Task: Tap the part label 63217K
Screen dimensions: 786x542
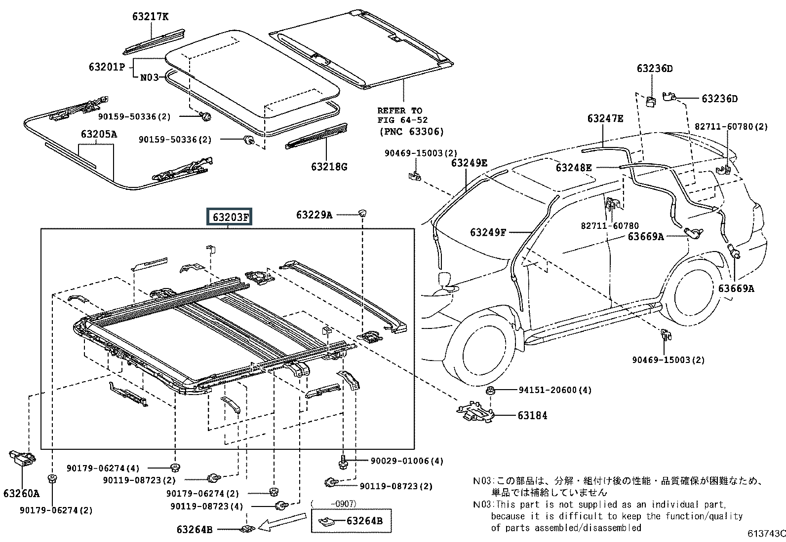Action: pyautogui.click(x=150, y=16)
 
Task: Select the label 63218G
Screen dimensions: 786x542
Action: pyautogui.click(x=329, y=167)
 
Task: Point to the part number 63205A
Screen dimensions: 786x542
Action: pyautogui.click(x=99, y=134)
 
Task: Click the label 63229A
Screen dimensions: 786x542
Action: pyautogui.click(x=314, y=215)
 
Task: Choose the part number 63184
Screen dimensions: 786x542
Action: pyautogui.click(x=532, y=415)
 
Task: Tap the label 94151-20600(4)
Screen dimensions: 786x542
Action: pyautogui.click(x=555, y=390)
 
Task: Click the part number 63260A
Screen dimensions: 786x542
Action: pyautogui.click(x=22, y=493)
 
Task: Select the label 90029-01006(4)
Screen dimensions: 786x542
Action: pyautogui.click(x=407, y=461)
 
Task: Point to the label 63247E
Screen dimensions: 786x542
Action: pyautogui.click(x=605, y=118)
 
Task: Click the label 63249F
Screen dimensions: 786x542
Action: pyautogui.click(x=488, y=232)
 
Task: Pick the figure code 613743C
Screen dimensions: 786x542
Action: pyautogui.click(x=766, y=533)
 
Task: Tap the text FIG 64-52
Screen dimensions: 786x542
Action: pyautogui.click(x=402, y=120)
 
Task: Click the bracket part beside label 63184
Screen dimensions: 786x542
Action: pyautogui.click(x=475, y=411)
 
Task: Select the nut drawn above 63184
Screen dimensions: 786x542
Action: pyautogui.click(x=490, y=390)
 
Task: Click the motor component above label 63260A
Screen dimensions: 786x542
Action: pyautogui.click(x=22, y=458)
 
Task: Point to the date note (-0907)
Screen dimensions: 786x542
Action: pyautogui.click(x=334, y=504)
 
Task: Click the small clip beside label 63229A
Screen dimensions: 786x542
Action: pyautogui.click(x=362, y=213)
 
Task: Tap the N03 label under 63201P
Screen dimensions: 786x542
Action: pyautogui.click(x=150, y=77)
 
